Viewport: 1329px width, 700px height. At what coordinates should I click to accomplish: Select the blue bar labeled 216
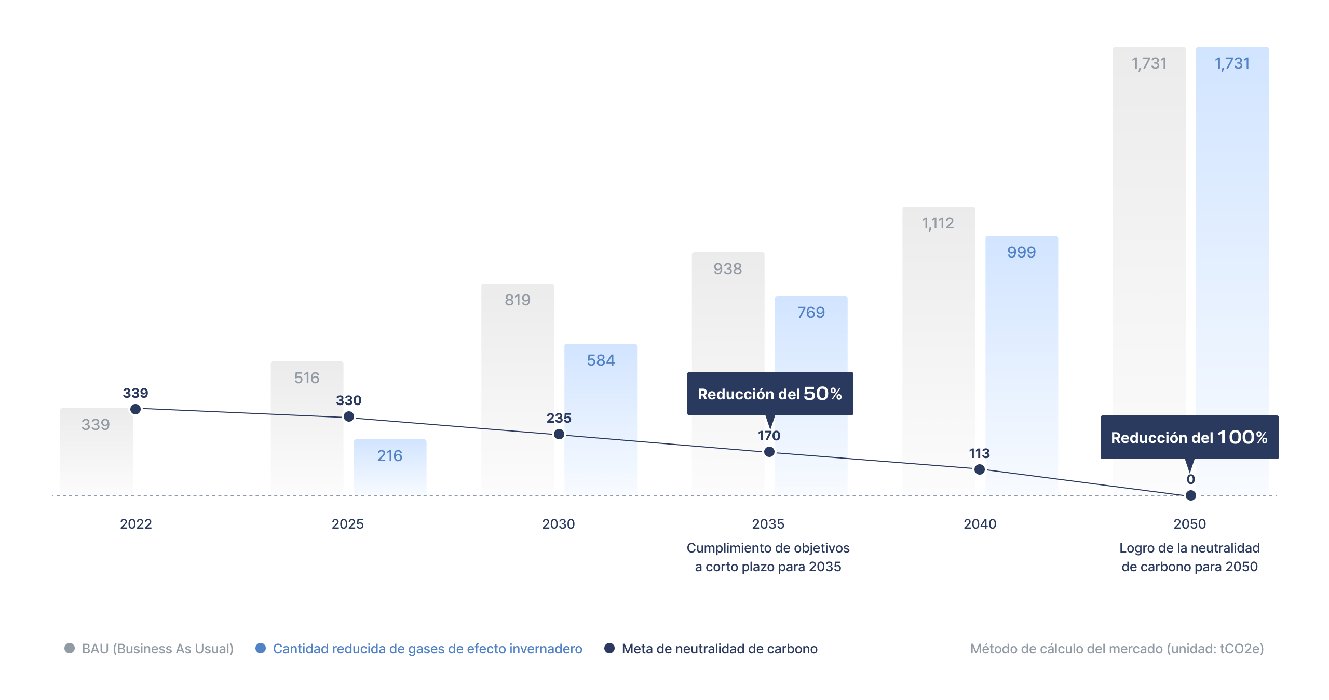click(x=390, y=467)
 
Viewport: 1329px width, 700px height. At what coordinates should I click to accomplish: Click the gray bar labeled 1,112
click(x=938, y=338)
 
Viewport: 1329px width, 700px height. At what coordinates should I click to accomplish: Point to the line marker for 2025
click(x=349, y=416)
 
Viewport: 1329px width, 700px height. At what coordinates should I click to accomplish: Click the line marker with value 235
click(x=559, y=434)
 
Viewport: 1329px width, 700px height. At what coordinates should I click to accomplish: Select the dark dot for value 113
click(x=980, y=469)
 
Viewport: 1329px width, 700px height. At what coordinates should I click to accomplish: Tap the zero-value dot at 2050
click(x=1191, y=495)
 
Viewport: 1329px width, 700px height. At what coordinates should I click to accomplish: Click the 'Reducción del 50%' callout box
click(x=770, y=394)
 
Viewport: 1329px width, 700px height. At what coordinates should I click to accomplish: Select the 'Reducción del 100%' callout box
click(x=1189, y=437)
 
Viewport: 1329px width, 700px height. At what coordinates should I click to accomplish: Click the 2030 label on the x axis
click(x=559, y=524)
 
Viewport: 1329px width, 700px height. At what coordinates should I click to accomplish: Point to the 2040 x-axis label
click(x=980, y=524)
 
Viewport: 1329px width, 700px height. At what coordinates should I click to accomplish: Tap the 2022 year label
click(x=136, y=524)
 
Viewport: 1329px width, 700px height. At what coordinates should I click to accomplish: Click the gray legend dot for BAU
click(x=70, y=648)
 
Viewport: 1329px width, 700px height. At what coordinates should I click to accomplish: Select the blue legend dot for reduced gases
click(x=261, y=648)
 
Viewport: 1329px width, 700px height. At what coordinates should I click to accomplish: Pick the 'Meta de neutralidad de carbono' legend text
click(x=720, y=649)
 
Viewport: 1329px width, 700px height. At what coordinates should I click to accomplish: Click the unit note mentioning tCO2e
click(x=1117, y=649)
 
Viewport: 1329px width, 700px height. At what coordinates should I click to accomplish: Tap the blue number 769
click(x=811, y=313)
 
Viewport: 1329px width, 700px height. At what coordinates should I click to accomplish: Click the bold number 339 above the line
click(x=135, y=393)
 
